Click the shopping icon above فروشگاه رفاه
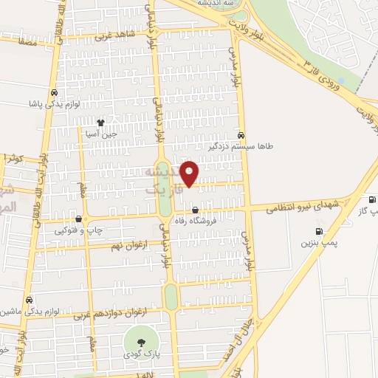pyautogui.click(x=195, y=210)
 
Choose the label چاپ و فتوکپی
pyautogui.click(x=78, y=230)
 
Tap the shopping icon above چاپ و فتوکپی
pyautogui.click(x=78, y=219)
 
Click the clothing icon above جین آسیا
pyautogui.click(x=100, y=123)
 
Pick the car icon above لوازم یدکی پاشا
pyautogui.click(x=55, y=93)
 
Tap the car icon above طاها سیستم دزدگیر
pyautogui.click(x=242, y=135)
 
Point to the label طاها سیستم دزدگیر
pyautogui.click(x=244, y=146)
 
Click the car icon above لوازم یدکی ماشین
pyautogui.click(x=28, y=300)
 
